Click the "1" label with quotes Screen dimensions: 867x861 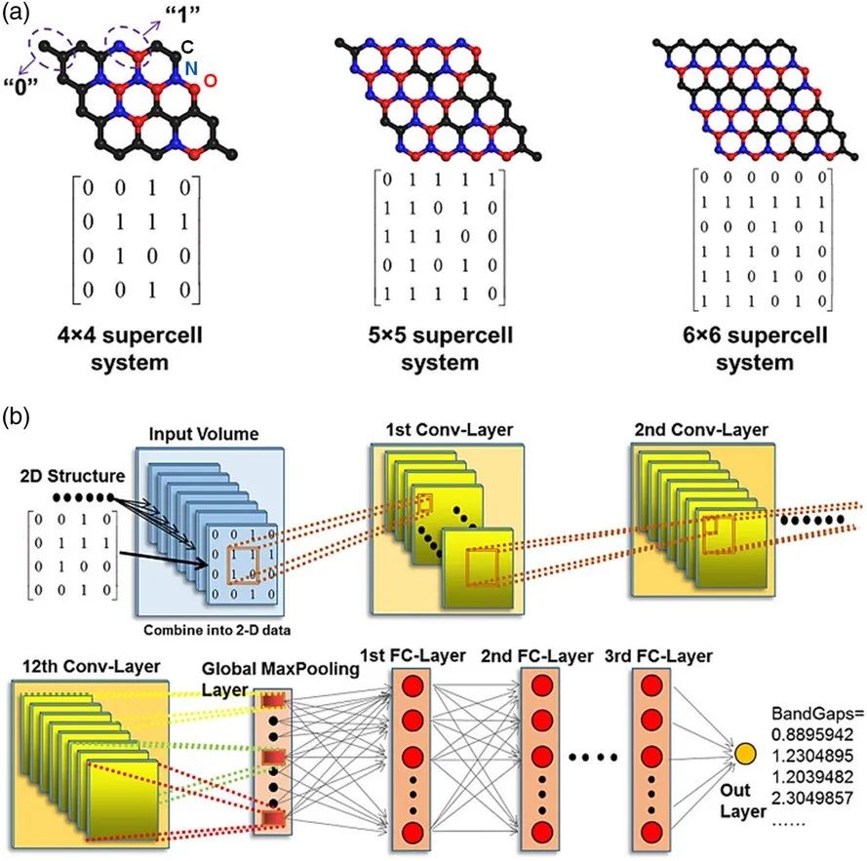pos(183,15)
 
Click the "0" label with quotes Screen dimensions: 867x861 pos(20,86)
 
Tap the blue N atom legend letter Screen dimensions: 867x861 pos(191,68)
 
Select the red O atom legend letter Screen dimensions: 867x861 pos(210,81)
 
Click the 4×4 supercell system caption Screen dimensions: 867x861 pos(130,348)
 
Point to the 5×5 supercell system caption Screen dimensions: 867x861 pos(440,348)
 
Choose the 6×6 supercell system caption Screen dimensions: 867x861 pos(755,348)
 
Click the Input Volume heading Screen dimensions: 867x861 pos(204,434)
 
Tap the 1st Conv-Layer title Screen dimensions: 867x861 pos(449,430)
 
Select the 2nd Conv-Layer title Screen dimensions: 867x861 pos(701,430)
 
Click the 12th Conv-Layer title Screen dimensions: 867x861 pos(92,666)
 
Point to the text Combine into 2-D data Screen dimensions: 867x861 pos(217,630)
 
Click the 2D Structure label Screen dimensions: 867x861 pos(72,476)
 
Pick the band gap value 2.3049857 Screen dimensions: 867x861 pos(812,797)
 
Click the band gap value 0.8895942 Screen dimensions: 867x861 pos(812,734)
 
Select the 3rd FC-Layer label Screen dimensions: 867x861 pos(658,656)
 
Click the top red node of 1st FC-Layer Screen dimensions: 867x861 pos(413,686)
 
